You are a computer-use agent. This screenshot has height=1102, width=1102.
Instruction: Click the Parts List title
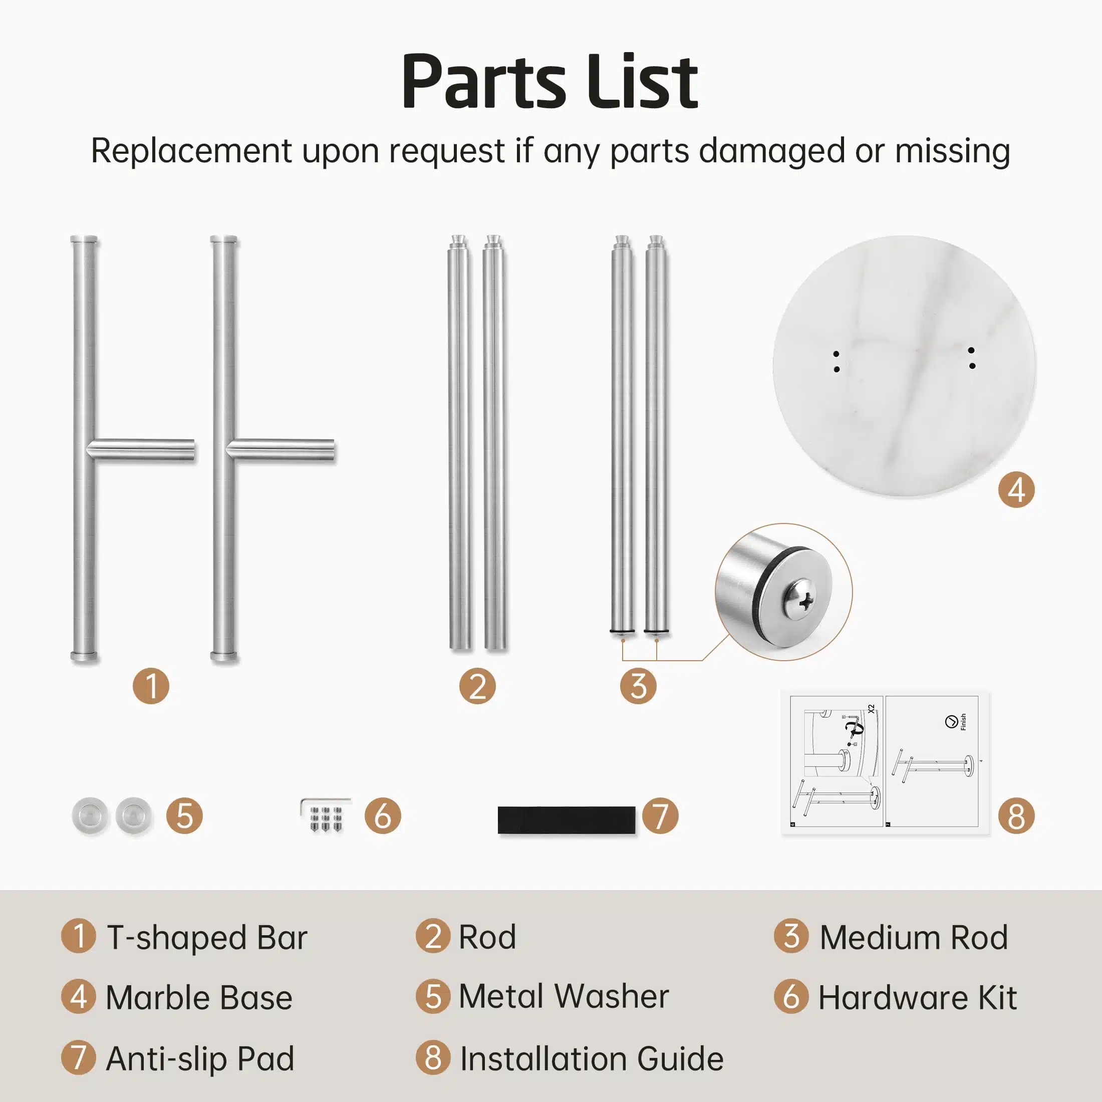click(550, 81)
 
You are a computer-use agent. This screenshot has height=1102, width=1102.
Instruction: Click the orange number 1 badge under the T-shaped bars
click(151, 686)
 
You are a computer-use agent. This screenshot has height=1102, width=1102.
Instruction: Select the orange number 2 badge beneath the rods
click(477, 686)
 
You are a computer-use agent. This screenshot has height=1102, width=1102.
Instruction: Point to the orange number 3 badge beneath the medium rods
click(638, 686)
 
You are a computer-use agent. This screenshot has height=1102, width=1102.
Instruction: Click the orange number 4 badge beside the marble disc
click(1016, 489)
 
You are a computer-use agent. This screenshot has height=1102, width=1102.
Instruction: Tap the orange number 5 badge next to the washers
click(184, 815)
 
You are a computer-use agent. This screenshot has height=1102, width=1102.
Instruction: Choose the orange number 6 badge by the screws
click(383, 815)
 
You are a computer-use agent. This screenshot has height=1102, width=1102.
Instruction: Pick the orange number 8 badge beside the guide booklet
click(1016, 815)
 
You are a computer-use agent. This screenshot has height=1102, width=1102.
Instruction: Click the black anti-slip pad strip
click(567, 820)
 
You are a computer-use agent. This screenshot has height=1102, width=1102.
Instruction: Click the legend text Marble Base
click(199, 998)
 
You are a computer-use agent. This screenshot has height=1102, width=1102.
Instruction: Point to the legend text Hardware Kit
click(918, 998)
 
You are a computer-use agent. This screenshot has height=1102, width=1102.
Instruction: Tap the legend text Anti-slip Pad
click(200, 1059)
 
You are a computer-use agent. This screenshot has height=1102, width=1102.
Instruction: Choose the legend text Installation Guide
click(592, 1059)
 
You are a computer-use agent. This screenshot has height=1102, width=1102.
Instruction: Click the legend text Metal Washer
click(564, 997)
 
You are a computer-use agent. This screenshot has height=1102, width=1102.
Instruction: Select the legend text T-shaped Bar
click(207, 938)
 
